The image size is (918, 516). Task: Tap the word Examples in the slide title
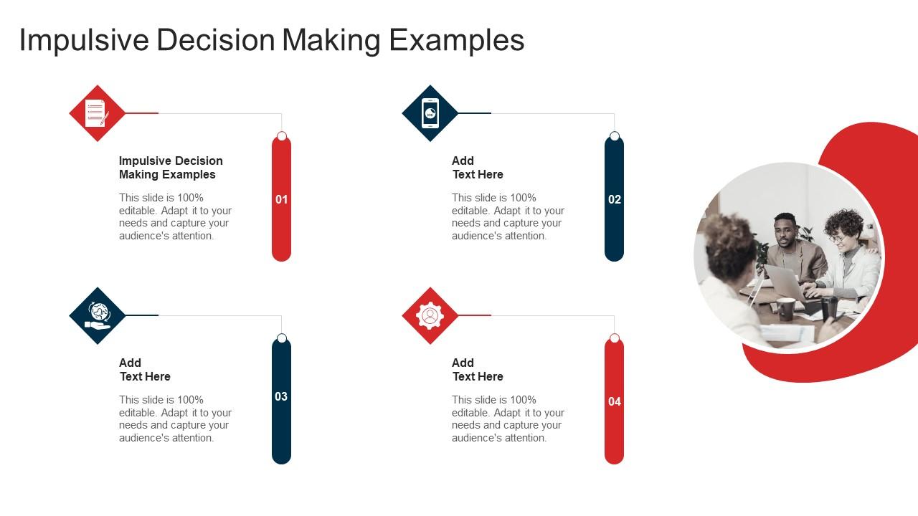click(x=457, y=41)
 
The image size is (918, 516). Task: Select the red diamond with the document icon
click(x=97, y=113)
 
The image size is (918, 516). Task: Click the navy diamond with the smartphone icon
click(x=430, y=113)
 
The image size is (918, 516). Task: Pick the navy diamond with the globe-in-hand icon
click(x=97, y=315)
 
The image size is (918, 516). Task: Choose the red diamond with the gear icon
click(x=430, y=315)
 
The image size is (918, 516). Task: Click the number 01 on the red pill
click(x=281, y=200)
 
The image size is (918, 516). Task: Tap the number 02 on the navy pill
click(x=614, y=200)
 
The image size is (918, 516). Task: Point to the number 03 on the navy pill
click(x=281, y=396)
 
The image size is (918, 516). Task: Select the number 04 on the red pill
click(x=614, y=402)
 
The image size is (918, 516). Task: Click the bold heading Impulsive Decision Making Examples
click(x=171, y=168)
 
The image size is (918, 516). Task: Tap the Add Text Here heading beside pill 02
click(x=478, y=168)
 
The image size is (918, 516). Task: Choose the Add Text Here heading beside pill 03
click(x=145, y=370)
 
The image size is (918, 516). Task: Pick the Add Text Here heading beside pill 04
click(x=478, y=370)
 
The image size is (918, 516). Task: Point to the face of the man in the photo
click(x=785, y=230)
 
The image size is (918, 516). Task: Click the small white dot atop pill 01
click(x=281, y=136)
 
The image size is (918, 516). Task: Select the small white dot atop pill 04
click(x=614, y=338)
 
